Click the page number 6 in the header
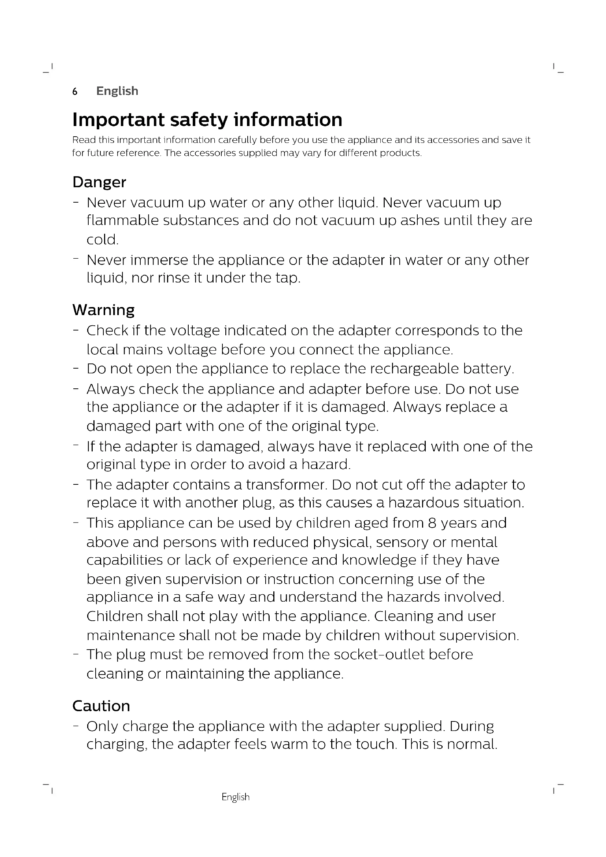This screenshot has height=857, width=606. pos(75,92)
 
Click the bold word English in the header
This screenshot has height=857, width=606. pos(117,91)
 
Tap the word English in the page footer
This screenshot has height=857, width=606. pos(236,797)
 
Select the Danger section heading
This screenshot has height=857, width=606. pos(99,182)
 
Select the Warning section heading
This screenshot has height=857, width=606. pos(103,310)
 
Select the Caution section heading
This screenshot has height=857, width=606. pos(101,706)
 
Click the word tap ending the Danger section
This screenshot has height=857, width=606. pos(287,278)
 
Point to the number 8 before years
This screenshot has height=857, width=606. pos(432,523)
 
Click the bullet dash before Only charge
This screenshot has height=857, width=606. pos(76,726)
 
